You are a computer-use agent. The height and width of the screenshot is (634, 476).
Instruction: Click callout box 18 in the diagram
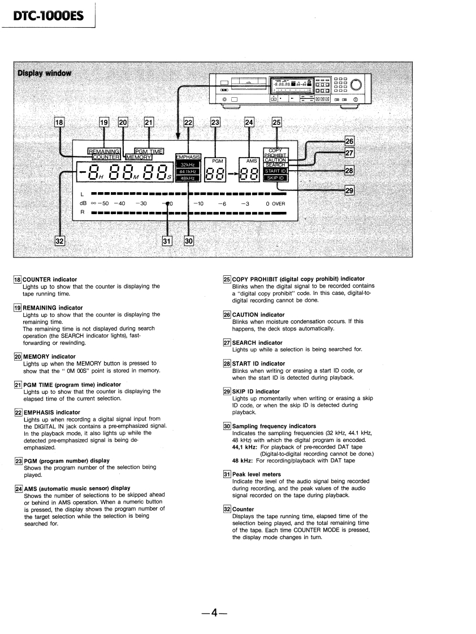59,121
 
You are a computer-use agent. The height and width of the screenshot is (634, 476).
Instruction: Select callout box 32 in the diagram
59,241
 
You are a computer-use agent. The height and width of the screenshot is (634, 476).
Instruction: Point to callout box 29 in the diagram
349,191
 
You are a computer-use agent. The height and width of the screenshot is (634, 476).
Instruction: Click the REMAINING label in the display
104,151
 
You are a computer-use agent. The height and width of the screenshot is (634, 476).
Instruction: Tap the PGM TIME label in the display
149,151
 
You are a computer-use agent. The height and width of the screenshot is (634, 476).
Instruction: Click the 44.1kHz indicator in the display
188,171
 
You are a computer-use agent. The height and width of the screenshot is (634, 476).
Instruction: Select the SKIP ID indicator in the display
276,178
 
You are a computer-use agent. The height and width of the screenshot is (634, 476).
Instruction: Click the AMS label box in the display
252,161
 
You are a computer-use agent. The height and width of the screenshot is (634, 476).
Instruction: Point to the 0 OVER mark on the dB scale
275,203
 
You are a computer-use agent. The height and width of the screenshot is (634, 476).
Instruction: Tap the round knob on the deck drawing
357,85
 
